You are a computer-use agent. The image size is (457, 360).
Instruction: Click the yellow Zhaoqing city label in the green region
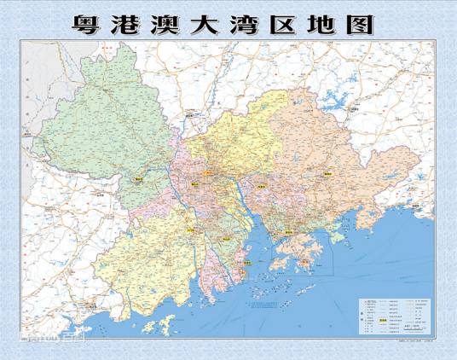[x=139, y=180]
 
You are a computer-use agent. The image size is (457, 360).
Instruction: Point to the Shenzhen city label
[x=290, y=230]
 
